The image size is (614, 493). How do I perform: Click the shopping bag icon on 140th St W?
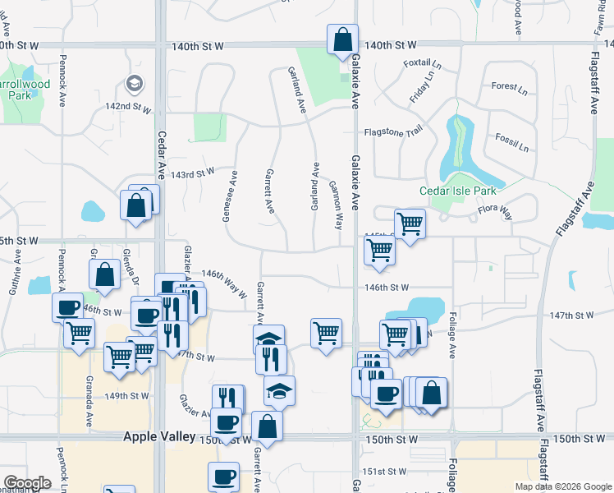341,39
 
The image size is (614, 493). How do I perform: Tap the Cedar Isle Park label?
458,191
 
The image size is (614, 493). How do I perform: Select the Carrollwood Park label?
25,89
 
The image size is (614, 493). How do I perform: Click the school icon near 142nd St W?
132,83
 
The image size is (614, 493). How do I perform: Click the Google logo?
28,482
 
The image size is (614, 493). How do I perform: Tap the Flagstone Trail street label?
392,131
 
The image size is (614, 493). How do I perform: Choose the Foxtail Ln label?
423,63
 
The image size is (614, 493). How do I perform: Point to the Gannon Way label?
337,205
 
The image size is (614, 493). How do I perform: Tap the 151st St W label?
385,472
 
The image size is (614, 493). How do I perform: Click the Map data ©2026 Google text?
562,486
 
